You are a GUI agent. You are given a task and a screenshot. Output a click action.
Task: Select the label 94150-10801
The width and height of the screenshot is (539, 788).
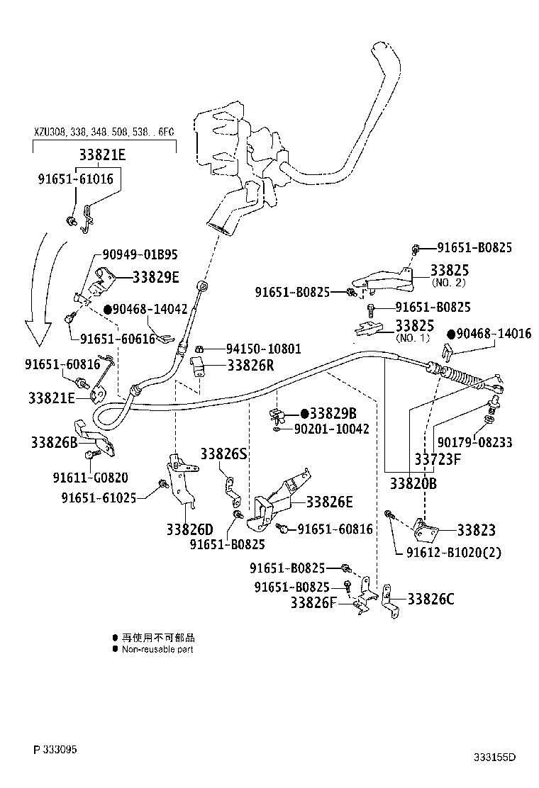click(263, 349)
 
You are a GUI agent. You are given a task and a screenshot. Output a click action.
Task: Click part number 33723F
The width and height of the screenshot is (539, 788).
click(438, 458)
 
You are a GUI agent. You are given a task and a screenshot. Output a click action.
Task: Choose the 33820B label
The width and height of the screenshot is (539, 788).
click(413, 484)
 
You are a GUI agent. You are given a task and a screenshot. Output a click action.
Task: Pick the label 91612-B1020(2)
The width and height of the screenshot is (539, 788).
click(454, 552)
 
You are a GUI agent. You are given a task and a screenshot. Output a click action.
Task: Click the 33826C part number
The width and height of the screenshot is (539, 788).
click(430, 600)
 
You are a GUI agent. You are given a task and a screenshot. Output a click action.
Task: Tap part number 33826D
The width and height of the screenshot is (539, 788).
click(190, 529)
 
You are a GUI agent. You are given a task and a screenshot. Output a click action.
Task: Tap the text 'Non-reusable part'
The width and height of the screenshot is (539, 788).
click(157, 649)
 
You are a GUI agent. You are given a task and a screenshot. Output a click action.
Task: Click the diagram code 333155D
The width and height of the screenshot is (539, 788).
click(494, 758)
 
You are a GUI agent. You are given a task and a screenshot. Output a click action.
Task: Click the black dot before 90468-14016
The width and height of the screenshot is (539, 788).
click(450, 333)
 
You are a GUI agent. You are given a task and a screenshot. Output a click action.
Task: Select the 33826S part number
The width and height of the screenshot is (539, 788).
click(223, 454)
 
